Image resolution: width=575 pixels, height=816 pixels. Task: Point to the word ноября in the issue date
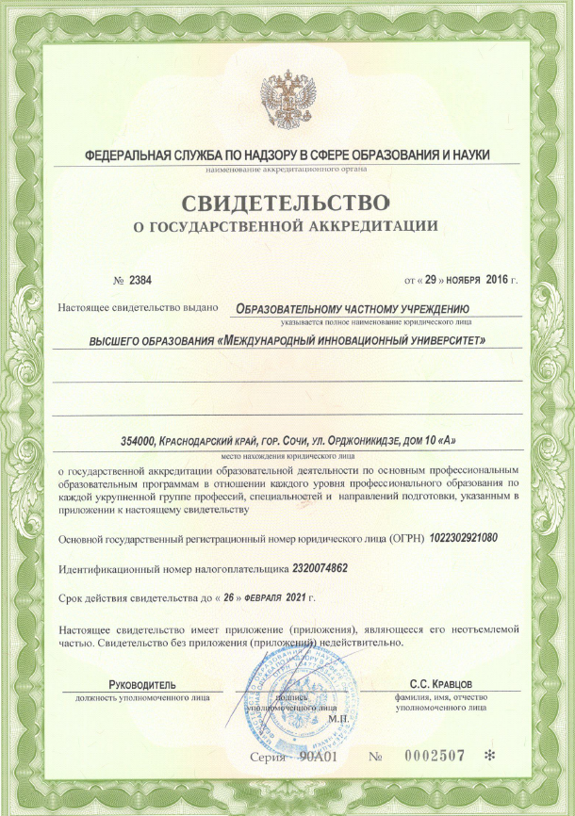tap(464, 281)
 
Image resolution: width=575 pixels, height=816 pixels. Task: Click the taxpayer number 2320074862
tap(308, 569)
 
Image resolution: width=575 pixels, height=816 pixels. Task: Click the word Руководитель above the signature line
tap(141, 683)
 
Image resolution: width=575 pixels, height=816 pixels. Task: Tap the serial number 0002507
tap(437, 756)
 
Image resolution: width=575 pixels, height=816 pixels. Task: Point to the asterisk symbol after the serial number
tap(488, 756)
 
